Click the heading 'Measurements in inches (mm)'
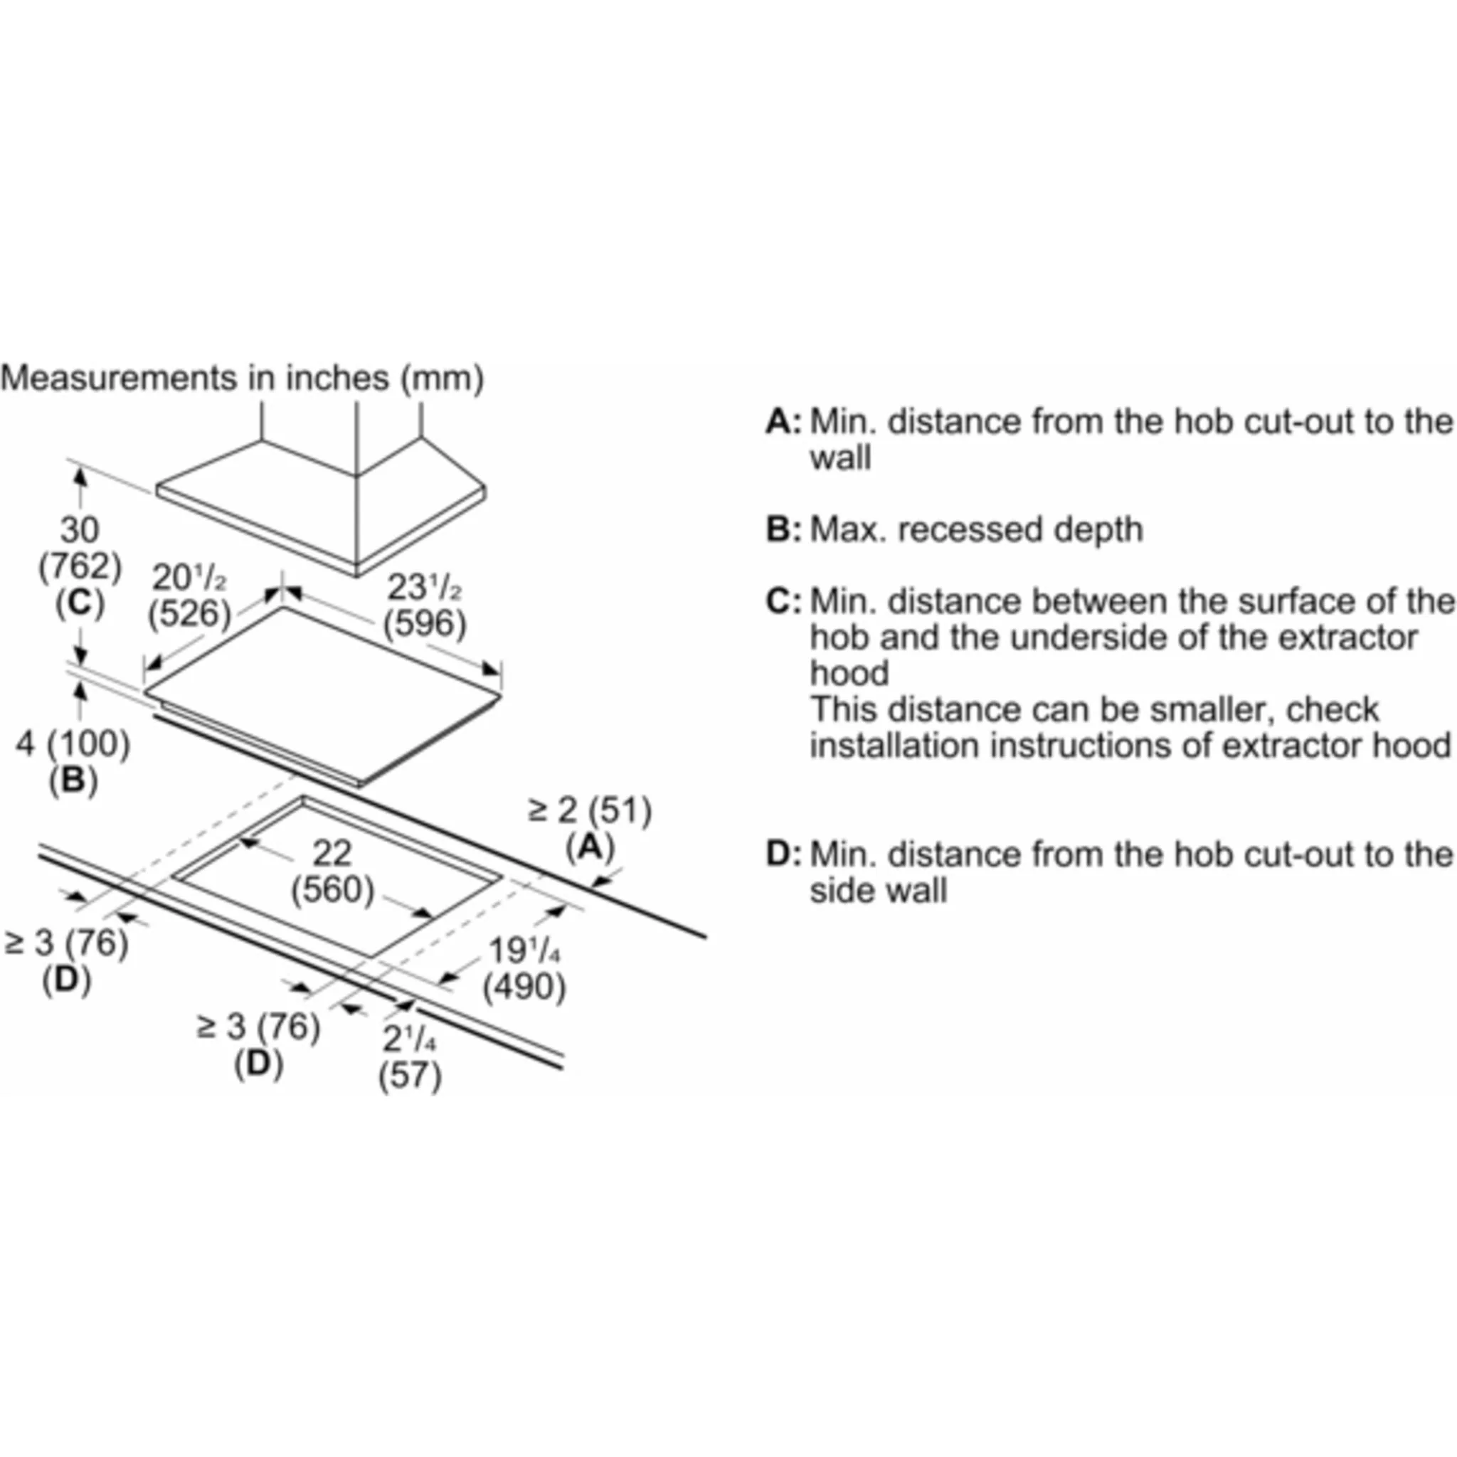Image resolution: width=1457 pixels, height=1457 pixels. (242, 378)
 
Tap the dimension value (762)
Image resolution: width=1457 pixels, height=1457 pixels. (80, 566)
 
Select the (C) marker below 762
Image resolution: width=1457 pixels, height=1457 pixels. (80, 602)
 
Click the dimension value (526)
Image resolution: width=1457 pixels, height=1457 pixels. (189, 613)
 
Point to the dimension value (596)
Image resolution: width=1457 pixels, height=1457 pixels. (425, 623)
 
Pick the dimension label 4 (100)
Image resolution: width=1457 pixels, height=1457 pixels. (73, 744)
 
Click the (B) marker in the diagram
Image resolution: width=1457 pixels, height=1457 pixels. (73, 780)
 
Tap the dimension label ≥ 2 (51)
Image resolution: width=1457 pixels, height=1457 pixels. (590, 811)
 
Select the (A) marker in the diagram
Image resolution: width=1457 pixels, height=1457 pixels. (590, 847)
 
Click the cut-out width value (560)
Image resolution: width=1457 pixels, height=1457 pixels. (332, 890)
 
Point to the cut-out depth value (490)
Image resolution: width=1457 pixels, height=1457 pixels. (524, 987)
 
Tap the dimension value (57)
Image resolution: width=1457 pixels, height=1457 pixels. (410, 1075)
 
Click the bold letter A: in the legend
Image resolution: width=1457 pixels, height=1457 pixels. (783, 422)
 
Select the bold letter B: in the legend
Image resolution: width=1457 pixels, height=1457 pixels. (783, 529)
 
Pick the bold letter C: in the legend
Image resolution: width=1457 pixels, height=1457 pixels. (783, 601)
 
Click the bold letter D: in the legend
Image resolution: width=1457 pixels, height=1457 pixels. (783, 854)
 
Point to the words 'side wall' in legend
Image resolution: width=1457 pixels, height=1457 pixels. (878, 891)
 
